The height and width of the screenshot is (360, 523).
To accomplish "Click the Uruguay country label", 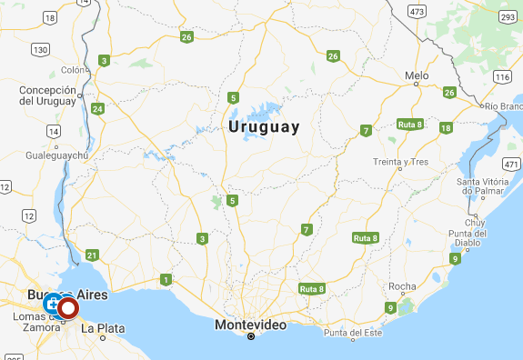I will [x=264, y=126].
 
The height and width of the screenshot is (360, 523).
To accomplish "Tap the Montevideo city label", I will [x=251, y=325].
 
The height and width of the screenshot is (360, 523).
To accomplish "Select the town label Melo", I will [x=417, y=75].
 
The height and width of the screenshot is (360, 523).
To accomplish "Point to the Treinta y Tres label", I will [x=400, y=162].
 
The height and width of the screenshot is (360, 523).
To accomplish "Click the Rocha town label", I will [x=402, y=286].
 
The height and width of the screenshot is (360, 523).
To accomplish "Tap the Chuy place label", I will [x=476, y=222].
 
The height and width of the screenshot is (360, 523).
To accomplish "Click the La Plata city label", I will [x=103, y=328].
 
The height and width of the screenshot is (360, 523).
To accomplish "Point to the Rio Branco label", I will [x=503, y=106].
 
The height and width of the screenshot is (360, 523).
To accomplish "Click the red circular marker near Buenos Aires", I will [x=68, y=308].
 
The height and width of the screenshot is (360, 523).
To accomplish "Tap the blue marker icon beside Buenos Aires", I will [x=52, y=302].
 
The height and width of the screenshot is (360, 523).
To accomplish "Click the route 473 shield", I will [x=417, y=11].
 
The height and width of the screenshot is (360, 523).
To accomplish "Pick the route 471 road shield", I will [x=511, y=164].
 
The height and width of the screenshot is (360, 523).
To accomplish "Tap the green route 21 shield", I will [x=91, y=255].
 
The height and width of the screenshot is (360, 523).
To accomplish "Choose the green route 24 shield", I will [x=98, y=109].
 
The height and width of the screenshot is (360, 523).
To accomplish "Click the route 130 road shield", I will [x=39, y=48].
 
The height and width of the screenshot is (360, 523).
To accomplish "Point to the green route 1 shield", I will [x=166, y=279].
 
